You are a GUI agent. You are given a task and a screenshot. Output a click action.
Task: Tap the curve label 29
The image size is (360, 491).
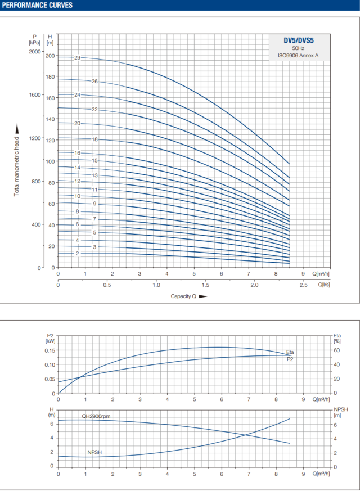77,58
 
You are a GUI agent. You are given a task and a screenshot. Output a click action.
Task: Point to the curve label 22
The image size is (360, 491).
94,109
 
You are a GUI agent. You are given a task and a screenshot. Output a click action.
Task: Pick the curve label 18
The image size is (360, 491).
95,139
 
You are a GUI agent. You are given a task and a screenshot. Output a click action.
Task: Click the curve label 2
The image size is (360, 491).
78,254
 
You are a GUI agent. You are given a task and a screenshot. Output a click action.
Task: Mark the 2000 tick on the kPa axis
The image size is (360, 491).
35,52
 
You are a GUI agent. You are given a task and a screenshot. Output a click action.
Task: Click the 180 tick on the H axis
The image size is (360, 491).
51,76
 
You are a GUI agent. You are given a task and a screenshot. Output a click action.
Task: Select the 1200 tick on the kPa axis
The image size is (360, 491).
35,138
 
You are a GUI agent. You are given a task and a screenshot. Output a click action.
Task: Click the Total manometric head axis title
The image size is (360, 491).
17,166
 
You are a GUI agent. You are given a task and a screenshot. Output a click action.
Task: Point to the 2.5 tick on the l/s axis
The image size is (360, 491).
303,285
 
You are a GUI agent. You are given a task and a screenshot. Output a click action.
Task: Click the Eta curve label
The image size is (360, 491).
290,352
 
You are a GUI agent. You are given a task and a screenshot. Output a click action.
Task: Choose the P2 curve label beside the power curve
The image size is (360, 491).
290,359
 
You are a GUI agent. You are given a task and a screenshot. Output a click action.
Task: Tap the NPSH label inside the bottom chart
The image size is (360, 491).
94,452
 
